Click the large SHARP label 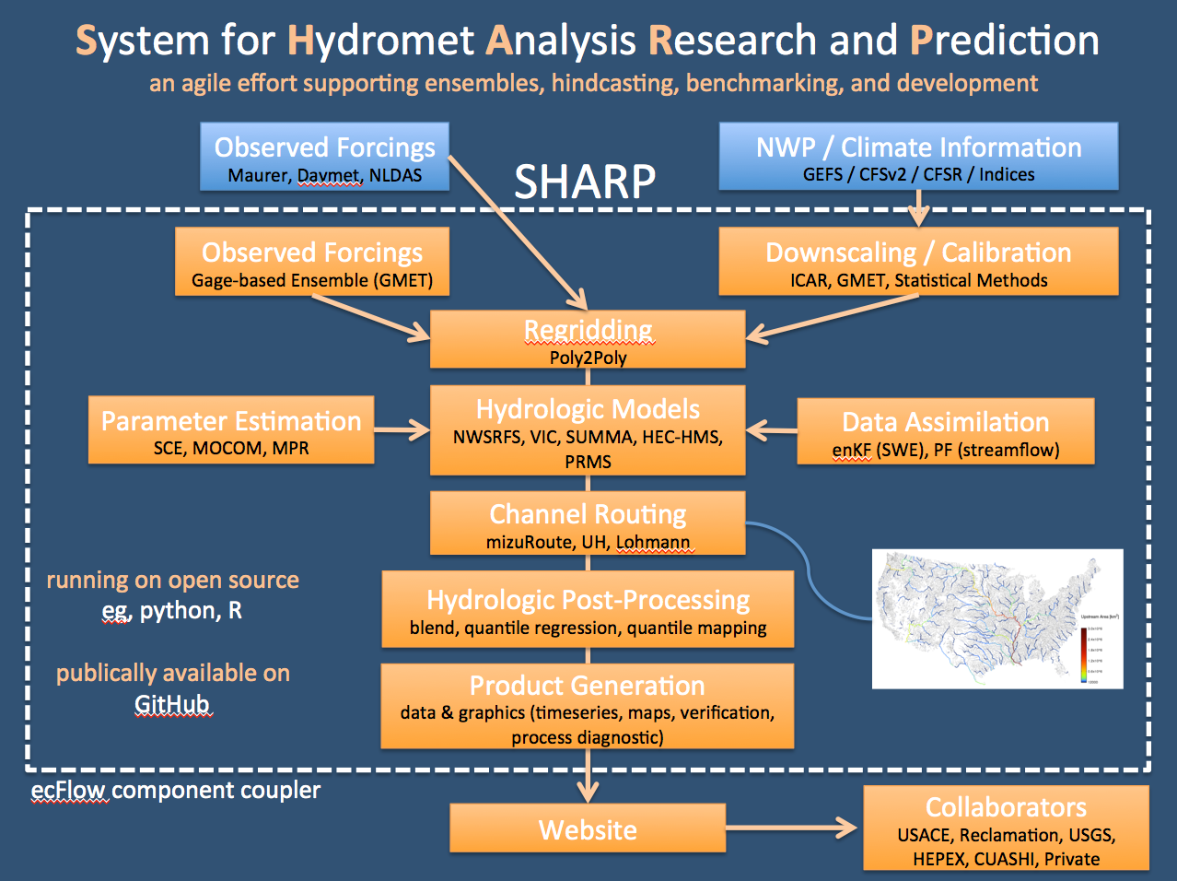[585, 182]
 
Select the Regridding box [588, 339]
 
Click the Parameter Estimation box [231, 430]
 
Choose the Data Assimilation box [945, 431]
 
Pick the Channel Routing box [588, 523]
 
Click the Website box [588, 828]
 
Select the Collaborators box [1006, 828]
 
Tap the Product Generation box [588, 707]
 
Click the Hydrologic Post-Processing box [588, 609]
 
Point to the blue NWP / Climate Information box [918, 157]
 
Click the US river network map [997, 619]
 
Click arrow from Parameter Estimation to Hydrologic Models [402, 429]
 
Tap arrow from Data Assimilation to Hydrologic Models [772, 430]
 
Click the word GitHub [172, 705]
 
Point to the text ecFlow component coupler [175, 790]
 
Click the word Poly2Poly [588, 358]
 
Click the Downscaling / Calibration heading [918, 253]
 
